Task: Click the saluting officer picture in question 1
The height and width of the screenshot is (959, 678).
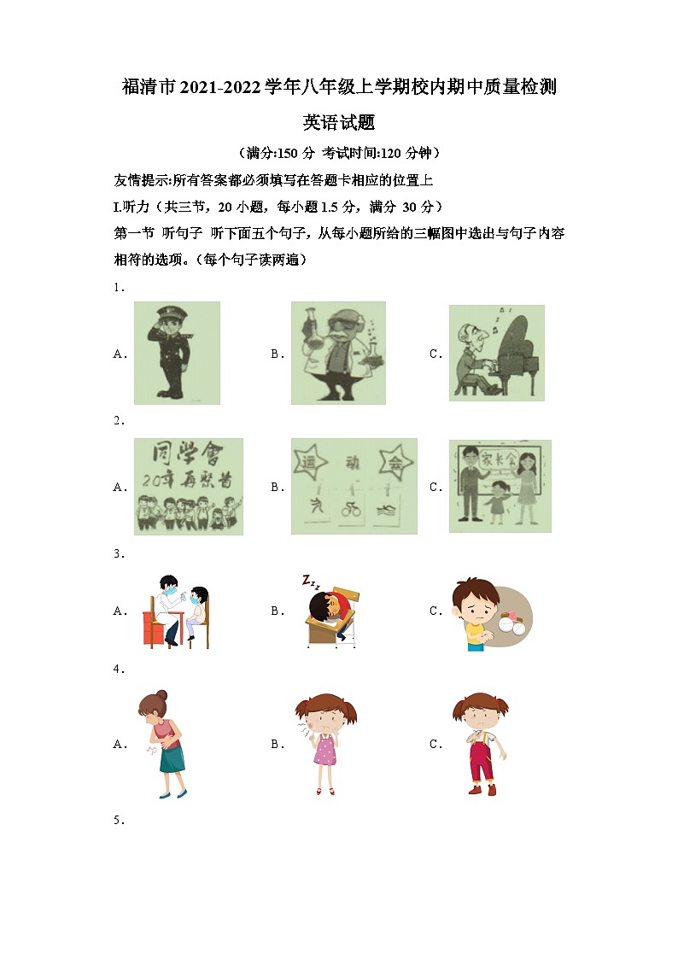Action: click(176, 352)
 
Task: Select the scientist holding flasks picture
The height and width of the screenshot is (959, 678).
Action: click(338, 352)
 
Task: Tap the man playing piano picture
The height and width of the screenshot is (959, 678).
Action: click(496, 352)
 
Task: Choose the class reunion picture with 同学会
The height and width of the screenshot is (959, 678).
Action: click(188, 486)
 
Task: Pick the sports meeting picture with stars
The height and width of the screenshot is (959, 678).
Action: click(354, 486)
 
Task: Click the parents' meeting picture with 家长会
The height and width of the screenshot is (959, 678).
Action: click(500, 486)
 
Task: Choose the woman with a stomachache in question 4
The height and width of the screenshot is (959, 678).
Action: click(162, 744)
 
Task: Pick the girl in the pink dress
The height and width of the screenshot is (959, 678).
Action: click(325, 744)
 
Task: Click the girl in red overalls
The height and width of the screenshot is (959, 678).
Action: click(481, 744)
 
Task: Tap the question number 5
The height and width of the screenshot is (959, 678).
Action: click(118, 821)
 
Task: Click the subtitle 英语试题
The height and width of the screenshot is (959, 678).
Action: click(339, 122)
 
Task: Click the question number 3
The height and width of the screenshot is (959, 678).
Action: click(118, 553)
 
